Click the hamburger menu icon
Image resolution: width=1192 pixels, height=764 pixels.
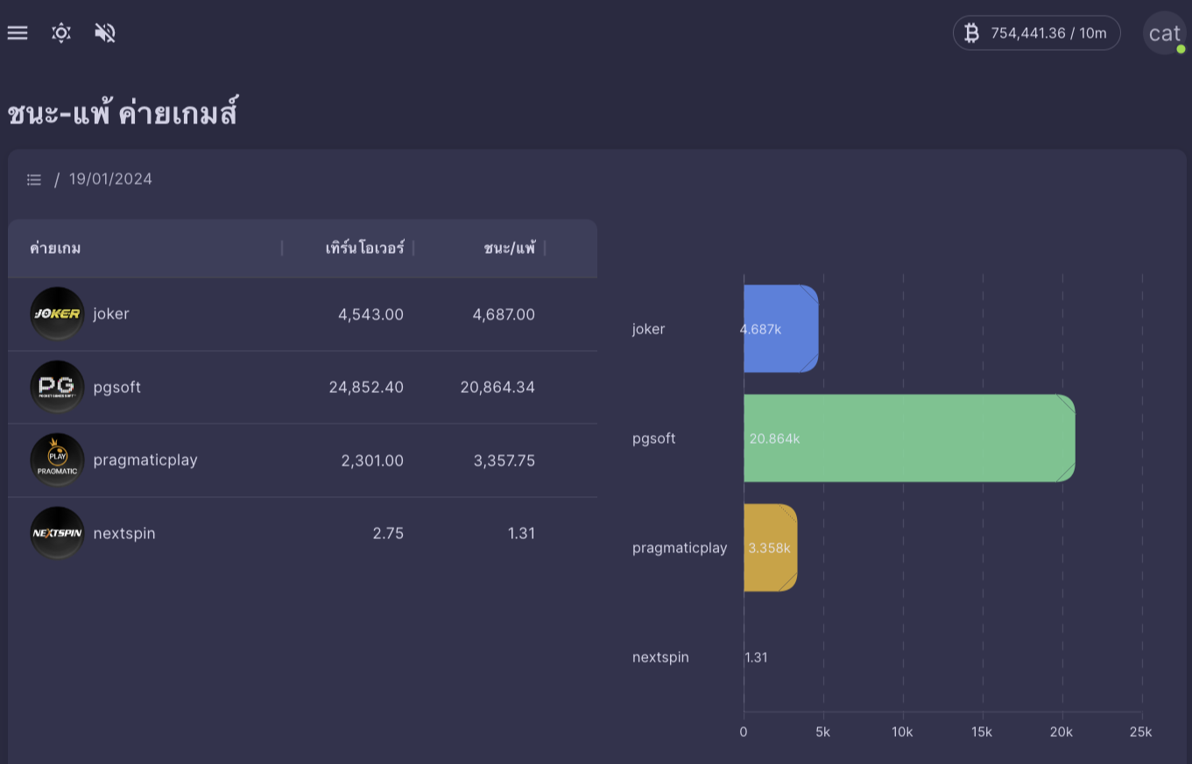pos(18,33)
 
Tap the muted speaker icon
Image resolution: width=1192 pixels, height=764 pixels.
pos(105,33)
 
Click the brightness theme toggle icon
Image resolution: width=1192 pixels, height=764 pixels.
pos(61,33)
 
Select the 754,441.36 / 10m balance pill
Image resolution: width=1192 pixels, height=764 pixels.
pos(1036,33)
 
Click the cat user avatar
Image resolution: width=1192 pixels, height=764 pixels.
pos(1164,33)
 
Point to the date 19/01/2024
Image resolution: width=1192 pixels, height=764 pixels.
pos(110,179)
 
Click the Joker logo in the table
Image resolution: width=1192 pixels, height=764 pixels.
pos(57,313)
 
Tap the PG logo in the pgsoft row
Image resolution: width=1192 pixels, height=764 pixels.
pos(57,387)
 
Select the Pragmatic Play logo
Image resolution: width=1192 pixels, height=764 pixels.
pos(57,460)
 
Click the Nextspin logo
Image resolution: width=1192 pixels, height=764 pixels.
pos(57,533)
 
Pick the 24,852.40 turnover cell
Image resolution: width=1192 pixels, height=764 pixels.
pos(366,387)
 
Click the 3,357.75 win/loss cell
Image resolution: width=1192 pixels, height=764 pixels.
pos(504,460)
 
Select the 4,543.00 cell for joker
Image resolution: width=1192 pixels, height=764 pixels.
pos(370,314)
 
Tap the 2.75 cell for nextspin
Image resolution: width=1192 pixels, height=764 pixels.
pos(388,533)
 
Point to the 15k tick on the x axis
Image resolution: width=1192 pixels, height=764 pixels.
pos(983,732)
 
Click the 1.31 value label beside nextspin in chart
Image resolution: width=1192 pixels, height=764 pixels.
pos(757,657)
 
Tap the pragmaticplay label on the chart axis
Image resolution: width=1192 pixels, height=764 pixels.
pos(680,548)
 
